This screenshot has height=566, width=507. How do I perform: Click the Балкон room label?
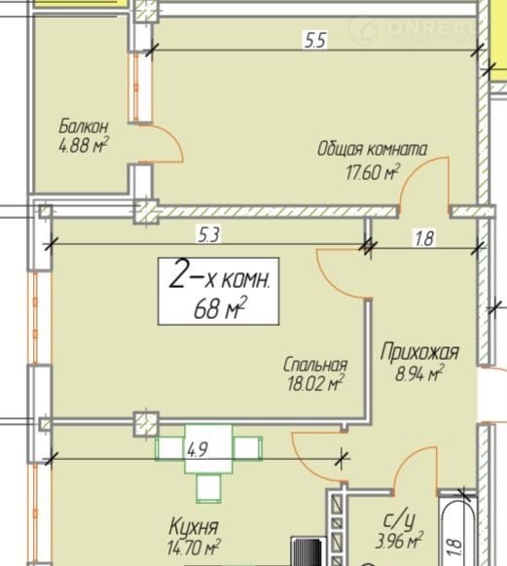pyautogui.click(x=83, y=126)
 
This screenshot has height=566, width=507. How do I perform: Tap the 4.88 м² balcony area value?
pyautogui.click(x=84, y=146)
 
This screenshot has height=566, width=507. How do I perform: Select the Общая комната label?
pyautogui.click(x=372, y=149)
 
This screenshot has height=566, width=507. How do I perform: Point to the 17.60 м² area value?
pyautogui.click(x=373, y=172)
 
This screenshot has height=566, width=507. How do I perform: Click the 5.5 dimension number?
pyautogui.click(x=315, y=40)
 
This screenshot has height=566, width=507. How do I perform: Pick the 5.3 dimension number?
pyautogui.click(x=208, y=234)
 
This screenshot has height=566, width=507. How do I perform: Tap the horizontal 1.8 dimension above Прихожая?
pyautogui.click(x=424, y=238)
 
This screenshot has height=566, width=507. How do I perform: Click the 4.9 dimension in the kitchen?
pyautogui.click(x=198, y=449)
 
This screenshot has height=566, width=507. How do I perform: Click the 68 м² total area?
pyautogui.click(x=220, y=308)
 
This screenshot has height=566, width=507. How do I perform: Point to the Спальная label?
pyautogui.click(x=315, y=365)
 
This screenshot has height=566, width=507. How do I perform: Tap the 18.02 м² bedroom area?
pyautogui.click(x=315, y=383)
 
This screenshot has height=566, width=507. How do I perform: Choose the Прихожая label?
pyautogui.click(x=419, y=352)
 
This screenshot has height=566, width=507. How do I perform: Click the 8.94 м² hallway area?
pyautogui.click(x=418, y=373)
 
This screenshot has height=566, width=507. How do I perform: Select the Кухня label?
pyautogui.click(x=194, y=527)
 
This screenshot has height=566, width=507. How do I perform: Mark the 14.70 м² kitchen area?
pyautogui.click(x=194, y=548)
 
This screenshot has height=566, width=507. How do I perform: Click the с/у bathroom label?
pyautogui.click(x=399, y=521)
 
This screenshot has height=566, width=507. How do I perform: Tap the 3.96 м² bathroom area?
pyautogui.click(x=399, y=541)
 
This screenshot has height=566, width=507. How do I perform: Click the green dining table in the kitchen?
pyautogui.click(x=208, y=448)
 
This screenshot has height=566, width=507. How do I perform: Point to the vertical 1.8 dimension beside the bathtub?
pyautogui.click(x=455, y=548)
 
